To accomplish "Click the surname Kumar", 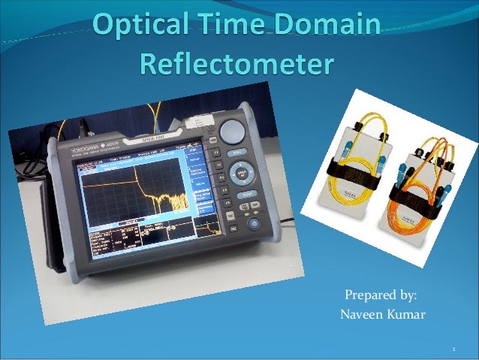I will coord(406,314).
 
